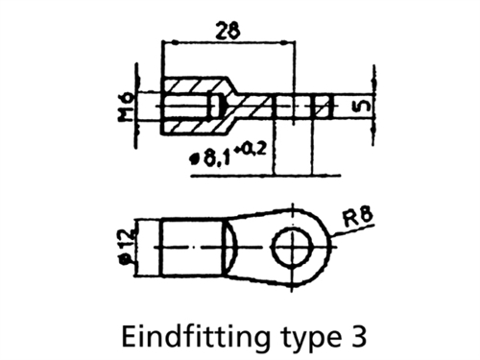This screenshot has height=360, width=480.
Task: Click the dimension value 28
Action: tap(228, 30)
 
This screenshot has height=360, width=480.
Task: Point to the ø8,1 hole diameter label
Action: tap(209, 158)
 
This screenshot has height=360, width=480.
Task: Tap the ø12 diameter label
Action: tap(125, 246)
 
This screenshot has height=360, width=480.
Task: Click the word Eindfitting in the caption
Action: tap(195, 336)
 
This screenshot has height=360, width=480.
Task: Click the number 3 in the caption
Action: tap(356, 336)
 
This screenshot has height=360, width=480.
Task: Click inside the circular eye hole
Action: tap(292, 247)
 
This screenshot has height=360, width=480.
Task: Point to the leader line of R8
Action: tap(352, 231)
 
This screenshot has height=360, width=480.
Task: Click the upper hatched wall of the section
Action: tap(199, 85)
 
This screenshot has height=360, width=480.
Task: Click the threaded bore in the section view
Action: tap(187, 107)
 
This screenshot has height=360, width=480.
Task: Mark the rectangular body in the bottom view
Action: tap(193, 247)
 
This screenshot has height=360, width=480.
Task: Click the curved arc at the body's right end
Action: tap(234, 247)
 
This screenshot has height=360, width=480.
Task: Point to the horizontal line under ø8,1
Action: tap(266, 175)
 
